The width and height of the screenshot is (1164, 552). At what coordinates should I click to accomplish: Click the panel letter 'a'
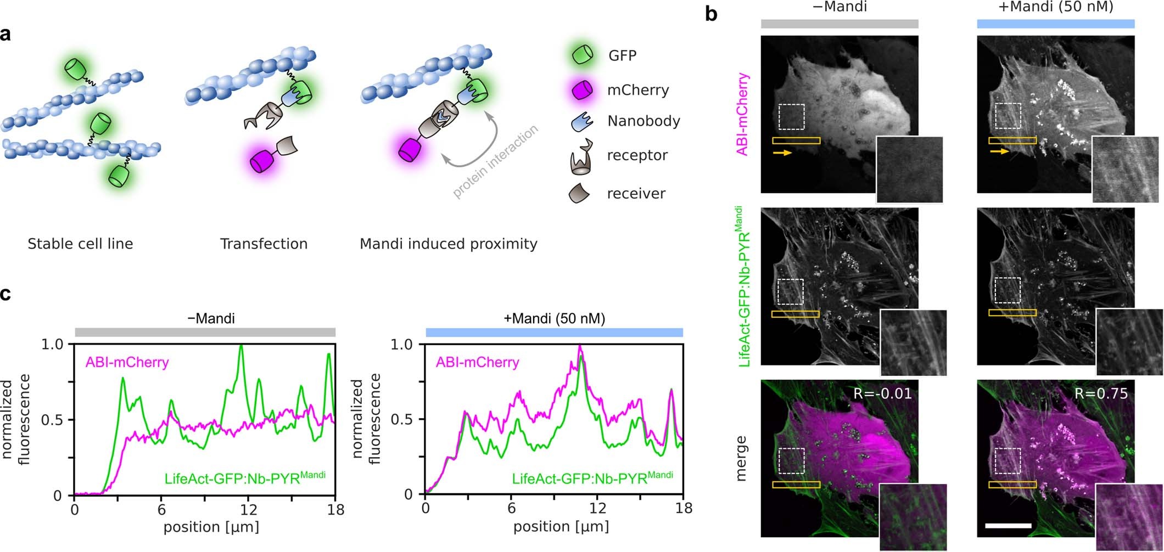(6, 34)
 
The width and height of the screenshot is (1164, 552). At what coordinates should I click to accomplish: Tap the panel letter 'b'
(711, 14)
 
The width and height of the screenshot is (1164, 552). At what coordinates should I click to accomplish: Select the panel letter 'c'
(5, 294)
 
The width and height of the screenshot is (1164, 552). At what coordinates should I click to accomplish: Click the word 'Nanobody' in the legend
(643, 121)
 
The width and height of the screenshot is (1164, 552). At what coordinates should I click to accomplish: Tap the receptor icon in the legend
(582, 159)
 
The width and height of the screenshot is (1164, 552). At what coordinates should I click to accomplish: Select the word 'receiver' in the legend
(636, 193)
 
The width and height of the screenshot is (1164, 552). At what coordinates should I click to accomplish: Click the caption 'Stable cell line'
(80, 244)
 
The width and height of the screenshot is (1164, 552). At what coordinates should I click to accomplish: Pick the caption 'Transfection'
(264, 244)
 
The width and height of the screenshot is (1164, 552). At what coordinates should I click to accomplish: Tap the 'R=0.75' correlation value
(1101, 393)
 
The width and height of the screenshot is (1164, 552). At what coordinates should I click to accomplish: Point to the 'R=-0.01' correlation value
(882, 393)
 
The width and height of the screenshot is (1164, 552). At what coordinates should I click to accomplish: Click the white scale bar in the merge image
(1008, 526)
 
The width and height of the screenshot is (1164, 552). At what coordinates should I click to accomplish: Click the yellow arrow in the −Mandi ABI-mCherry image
(782, 153)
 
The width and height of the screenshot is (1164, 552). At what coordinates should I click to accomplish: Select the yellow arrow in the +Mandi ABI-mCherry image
(999, 151)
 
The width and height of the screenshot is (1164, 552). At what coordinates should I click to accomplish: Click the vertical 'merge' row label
(741, 459)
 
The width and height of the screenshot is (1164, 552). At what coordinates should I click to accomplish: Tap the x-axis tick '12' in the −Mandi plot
(248, 510)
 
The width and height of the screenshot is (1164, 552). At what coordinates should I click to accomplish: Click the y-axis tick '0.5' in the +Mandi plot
(401, 419)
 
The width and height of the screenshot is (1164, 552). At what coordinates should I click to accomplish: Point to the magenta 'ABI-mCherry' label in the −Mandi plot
(127, 362)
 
